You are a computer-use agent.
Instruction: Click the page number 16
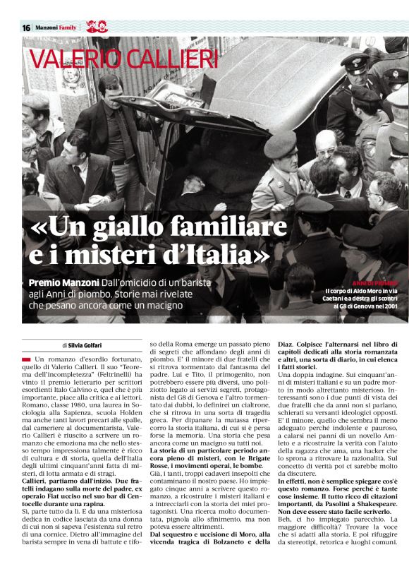click(25, 27)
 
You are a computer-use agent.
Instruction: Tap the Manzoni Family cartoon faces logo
click(95, 27)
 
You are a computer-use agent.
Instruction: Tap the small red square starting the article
click(25, 360)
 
